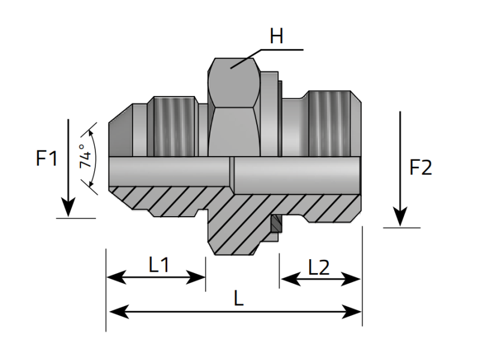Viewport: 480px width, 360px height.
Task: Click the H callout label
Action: point(276,37)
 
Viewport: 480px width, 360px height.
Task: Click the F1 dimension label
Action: point(47,160)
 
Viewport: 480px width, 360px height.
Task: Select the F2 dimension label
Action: point(420,168)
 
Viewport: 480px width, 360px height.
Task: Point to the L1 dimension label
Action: point(158,265)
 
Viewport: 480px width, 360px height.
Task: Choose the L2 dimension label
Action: point(319,268)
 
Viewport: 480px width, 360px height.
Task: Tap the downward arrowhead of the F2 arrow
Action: point(400,217)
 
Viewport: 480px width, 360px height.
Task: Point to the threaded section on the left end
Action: point(176,126)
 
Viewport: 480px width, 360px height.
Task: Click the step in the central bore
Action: point(232,175)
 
